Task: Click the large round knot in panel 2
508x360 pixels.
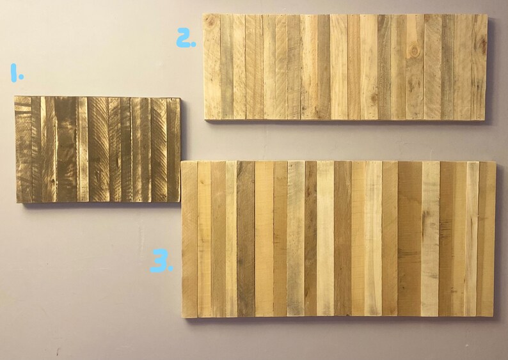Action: pyautogui.click(x=414, y=49)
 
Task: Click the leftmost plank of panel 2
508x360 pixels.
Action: pyautogui.click(x=212, y=67)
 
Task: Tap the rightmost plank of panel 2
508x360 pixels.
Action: pyautogui.click(x=479, y=68)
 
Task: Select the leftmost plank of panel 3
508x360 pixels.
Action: pyautogui.click(x=189, y=239)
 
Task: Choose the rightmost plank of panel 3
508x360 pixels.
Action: pyautogui.click(x=487, y=239)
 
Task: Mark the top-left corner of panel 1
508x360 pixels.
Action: pyautogui.click(x=15, y=97)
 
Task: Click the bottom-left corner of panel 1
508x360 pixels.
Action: pyautogui.click(x=16, y=203)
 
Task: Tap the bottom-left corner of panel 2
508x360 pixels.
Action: pyautogui.click(x=204, y=119)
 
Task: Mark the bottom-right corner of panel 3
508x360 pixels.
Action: pyautogui.click(x=494, y=316)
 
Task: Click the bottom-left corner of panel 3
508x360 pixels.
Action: pyautogui.click(x=182, y=317)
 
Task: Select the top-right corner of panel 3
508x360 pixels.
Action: pyautogui.click(x=495, y=162)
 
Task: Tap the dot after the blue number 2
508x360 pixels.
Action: pyautogui.click(x=193, y=44)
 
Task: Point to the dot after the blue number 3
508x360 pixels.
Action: pyautogui.click(x=170, y=269)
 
